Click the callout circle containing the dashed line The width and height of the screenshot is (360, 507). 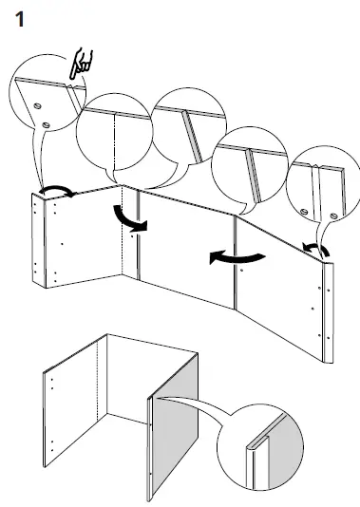115,133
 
